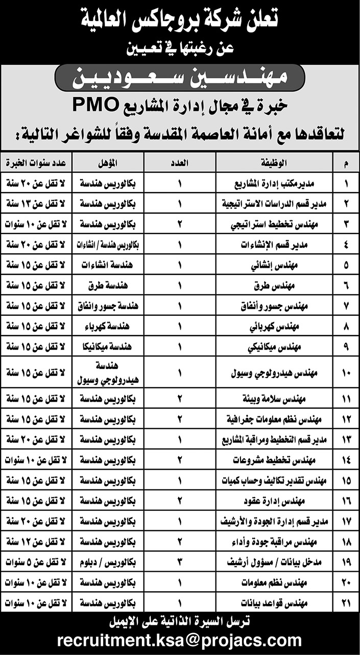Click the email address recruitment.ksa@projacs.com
(x=180, y=640)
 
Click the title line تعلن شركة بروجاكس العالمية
(x=180, y=20)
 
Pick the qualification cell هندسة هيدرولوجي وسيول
(x=107, y=374)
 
